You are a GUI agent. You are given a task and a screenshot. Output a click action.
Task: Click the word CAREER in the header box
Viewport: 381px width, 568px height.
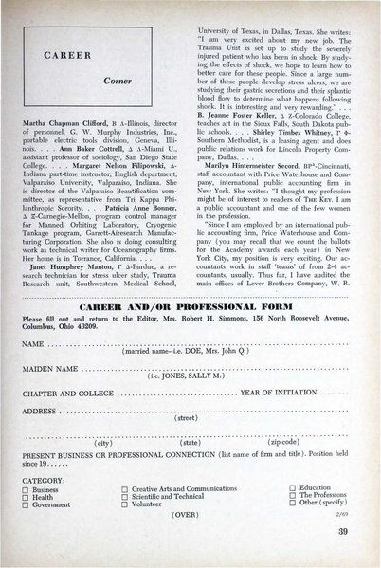click(x=45, y=56)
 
